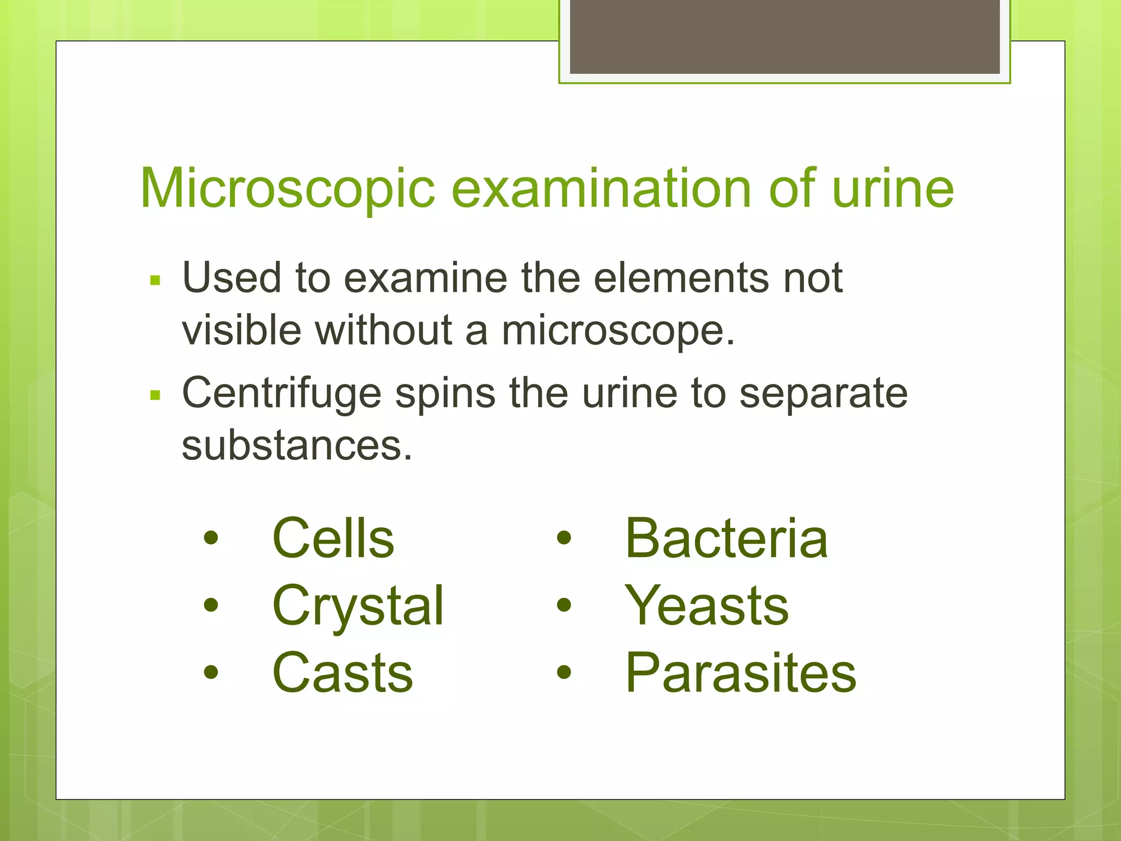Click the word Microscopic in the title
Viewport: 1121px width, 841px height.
(x=287, y=189)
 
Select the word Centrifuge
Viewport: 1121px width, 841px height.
(x=281, y=394)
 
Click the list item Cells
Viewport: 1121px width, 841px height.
(x=333, y=539)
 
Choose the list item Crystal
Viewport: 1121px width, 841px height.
(x=358, y=606)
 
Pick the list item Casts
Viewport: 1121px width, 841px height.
(x=343, y=673)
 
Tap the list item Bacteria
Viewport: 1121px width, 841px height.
(x=726, y=539)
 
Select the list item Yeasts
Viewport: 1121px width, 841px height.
(x=707, y=606)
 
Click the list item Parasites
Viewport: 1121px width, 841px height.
(x=741, y=673)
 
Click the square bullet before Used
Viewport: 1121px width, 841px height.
(x=155, y=281)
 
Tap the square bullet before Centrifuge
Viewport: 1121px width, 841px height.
(x=155, y=395)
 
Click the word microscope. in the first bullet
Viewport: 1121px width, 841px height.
(x=618, y=331)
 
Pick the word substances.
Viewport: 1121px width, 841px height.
(x=297, y=445)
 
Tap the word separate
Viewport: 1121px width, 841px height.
(x=823, y=394)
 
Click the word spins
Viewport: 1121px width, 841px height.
(x=445, y=394)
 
